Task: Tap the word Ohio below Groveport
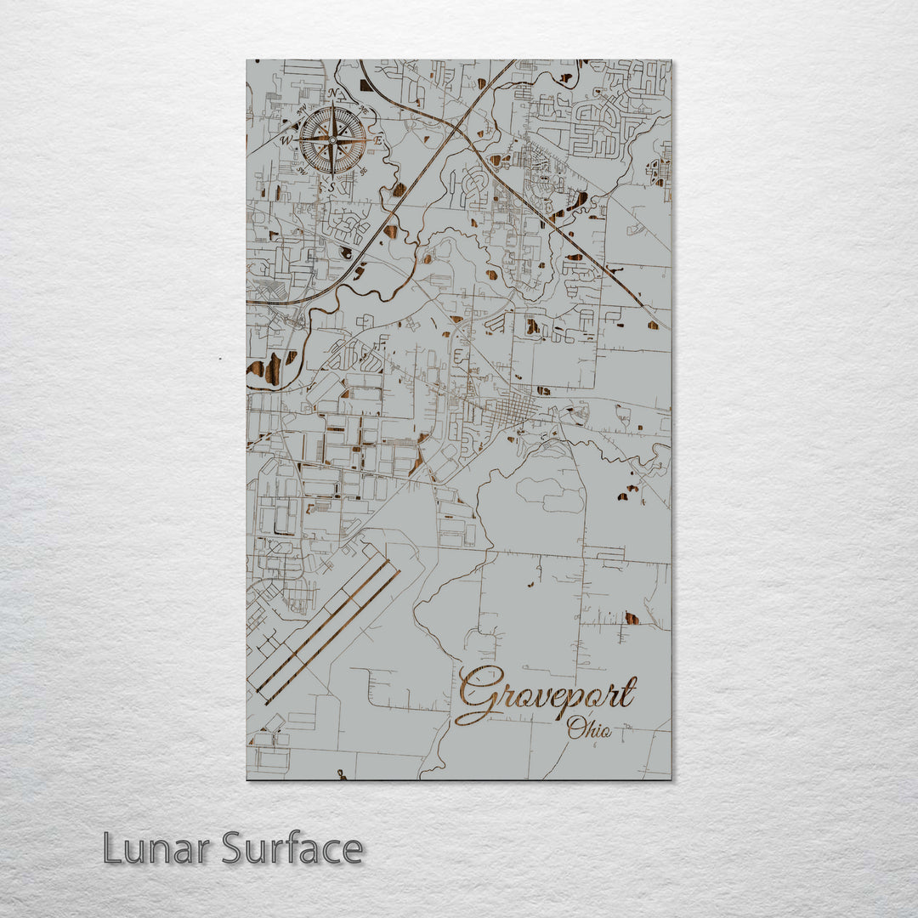point(589,728)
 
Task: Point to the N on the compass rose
point(332,93)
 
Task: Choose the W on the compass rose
point(286,140)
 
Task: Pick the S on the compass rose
point(332,186)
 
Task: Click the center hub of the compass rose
point(332,140)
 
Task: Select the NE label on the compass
point(363,110)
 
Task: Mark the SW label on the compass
point(303,171)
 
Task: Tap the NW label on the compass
point(302,110)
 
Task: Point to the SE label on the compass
point(363,171)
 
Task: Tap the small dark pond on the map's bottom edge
point(342,774)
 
